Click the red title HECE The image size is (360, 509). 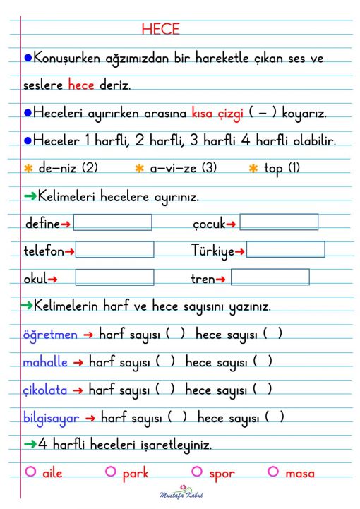[160, 29]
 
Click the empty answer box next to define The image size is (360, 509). [112, 222]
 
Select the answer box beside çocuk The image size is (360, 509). [279, 222]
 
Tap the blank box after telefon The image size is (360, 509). [114, 250]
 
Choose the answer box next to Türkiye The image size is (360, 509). [285, 250]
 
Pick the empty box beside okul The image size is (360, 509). [114, 277]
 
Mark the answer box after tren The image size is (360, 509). [270, 277]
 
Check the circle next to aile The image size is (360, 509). [30, 472]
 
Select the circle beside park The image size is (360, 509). [110, 472]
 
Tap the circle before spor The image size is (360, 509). [196, 472]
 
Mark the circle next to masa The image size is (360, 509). [273, 472]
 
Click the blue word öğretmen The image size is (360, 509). [49, 335]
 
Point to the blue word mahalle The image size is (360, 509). [45, 362]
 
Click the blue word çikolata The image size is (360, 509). [45, 390]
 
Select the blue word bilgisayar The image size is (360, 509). [51, 417]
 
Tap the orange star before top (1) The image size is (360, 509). [253, 169]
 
